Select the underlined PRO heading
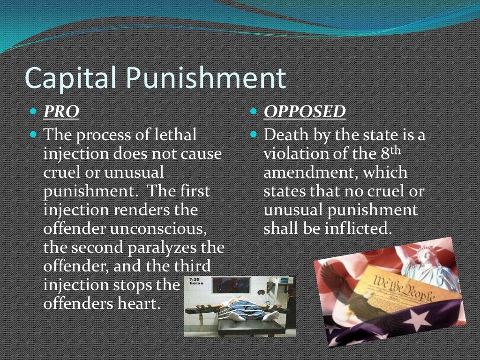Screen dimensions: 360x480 [x=61, y=112]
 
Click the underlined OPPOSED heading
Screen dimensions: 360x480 [x=305, y=112]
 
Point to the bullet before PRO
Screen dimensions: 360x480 [x=33, y=112]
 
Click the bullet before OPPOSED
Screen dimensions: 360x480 [x=253, y=112]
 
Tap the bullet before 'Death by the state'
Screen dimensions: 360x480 [x=253, y=135]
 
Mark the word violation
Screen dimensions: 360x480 [x=295, y=154]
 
